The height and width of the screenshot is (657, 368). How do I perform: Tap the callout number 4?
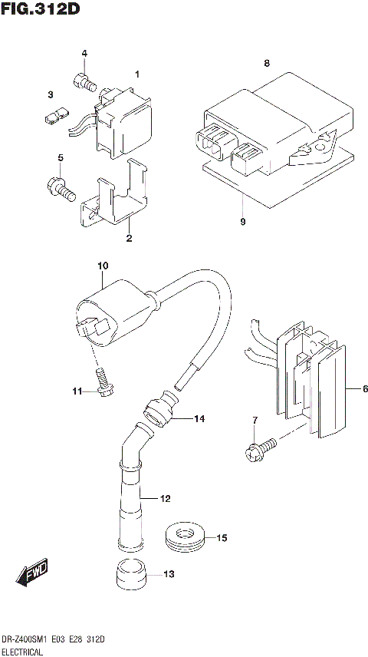pyautogui.click(x=85, y=53)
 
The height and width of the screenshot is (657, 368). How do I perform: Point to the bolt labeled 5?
pyautogui.click(x=59, y=186)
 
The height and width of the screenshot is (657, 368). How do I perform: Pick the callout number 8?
pyautogui.click(x=267, y=63)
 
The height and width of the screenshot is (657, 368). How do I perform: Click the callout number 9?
pyautogui.click(x=242, y=221)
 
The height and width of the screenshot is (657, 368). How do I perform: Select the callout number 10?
pyautogui.click(x=103, y=266)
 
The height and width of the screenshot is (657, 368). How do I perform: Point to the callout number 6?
pyautogui.click(x=355, y=389)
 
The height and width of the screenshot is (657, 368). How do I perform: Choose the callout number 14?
pyautogui.click(x=199, y=418)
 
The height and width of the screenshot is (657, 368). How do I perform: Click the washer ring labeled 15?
pyautogui.click(x=185, y=537)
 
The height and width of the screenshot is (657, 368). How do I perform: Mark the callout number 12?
pyautogui.click(x=164, y=499)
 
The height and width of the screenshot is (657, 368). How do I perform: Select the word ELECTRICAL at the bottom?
pyautogui.click(x=22, y=651)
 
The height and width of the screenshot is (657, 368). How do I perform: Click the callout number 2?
pyautogui.click(x=130, y=238)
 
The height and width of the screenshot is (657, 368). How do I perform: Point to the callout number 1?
pyautogui.click(x=137, y=74)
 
